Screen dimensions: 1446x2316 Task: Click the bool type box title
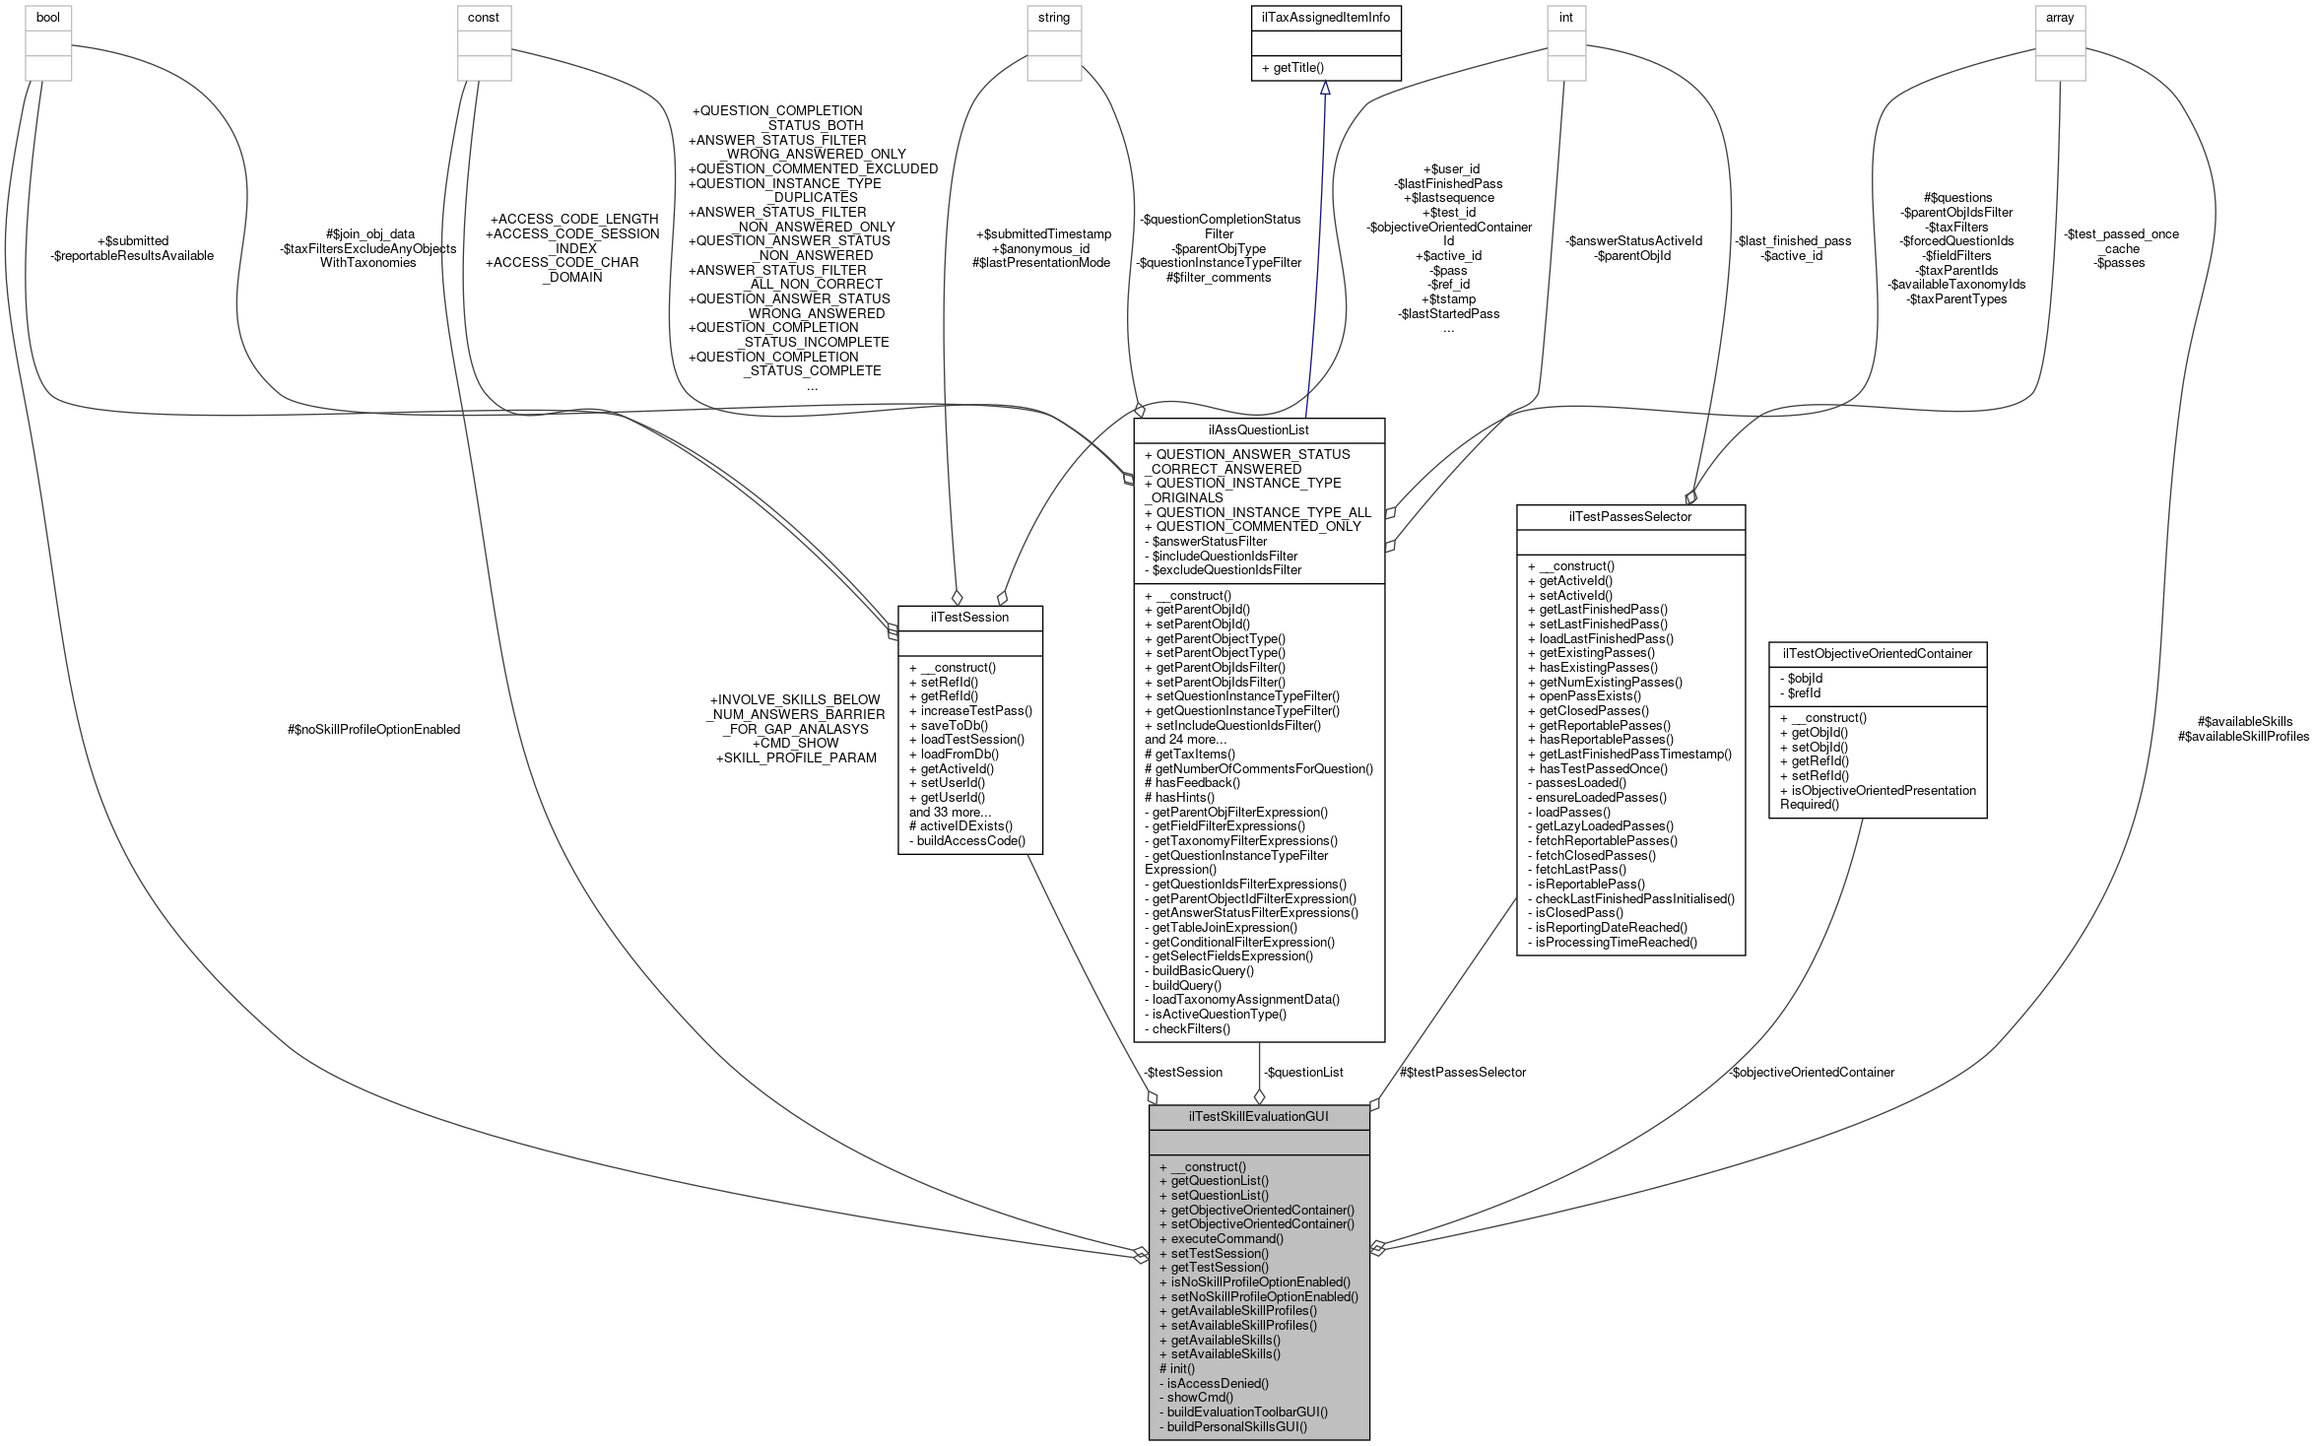tap(48, 18)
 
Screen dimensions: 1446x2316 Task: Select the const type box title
tap(484, 18)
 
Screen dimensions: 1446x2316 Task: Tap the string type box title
tap(1053, 18)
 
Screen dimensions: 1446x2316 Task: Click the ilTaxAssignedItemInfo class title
tap(1325, 18)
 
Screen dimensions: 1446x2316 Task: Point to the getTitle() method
tap(1292, 68)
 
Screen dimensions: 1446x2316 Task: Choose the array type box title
tap(2060, 18)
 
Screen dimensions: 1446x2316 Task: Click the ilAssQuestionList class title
tap(1259, 429)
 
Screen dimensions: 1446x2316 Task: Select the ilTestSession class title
tap(969, 618)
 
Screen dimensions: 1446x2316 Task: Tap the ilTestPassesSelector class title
tap(1630, 516)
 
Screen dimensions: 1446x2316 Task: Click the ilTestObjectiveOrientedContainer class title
tap(1877, 653)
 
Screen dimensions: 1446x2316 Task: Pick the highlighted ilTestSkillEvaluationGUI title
tap(1259, 1116)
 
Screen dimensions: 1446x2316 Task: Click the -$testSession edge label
tap(1183, 1072)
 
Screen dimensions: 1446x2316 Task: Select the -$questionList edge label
tap(1303, 1072)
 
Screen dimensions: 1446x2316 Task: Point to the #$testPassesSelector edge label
tap(1463, 1072)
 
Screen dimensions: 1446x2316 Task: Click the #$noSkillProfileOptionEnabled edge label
tap(373, 729)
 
